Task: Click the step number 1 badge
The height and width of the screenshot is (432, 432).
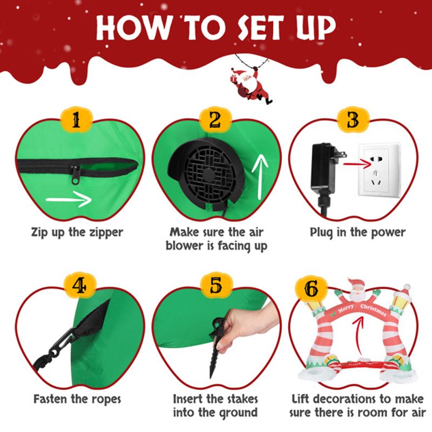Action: [x=76, y=120]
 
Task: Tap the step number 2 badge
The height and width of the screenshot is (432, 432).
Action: [x=215, y=120]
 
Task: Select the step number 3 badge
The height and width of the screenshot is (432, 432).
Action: [x=353, y=120]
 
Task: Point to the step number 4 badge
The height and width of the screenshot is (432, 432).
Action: [x=79, y=286]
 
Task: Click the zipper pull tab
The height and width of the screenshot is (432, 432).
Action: [x=75, y=174]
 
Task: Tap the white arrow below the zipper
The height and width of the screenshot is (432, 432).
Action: [x=69, y=199]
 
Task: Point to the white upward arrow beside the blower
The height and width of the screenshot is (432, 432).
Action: [x=260, y=177]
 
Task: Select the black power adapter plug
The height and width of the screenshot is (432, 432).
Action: [x=327, y=177]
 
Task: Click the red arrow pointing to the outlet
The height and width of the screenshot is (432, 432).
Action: [x=357, y=165]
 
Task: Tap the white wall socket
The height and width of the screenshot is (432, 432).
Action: [x=379, y=170]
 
